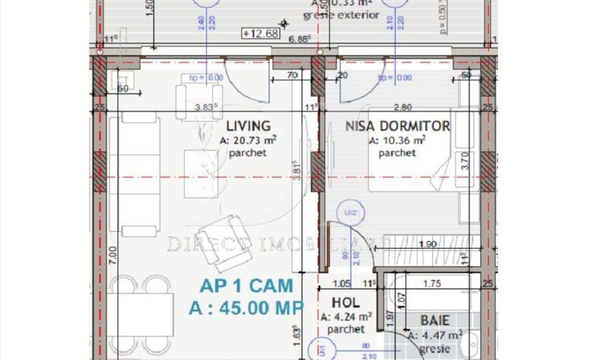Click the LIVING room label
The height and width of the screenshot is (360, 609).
click(x=248, y=126)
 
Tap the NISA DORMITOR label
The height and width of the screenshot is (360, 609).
click(x=397, y=126)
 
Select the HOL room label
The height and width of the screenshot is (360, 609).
click(x=345, y=303)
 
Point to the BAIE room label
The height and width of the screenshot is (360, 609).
click(x=434, y=320)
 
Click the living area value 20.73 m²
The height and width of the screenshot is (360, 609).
click(x=248, y=141)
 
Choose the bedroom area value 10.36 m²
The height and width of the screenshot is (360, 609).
click(x=397, y=141)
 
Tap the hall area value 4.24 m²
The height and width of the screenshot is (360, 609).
click(x=346, y=316)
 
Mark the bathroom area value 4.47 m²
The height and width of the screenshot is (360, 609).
click(x=435, y=335)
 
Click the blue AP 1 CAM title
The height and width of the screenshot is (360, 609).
click(x=247, y=286)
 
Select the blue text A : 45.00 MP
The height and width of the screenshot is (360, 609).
click(x=246, y=308)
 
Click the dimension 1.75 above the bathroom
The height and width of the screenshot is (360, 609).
click(x=431, y=283)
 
